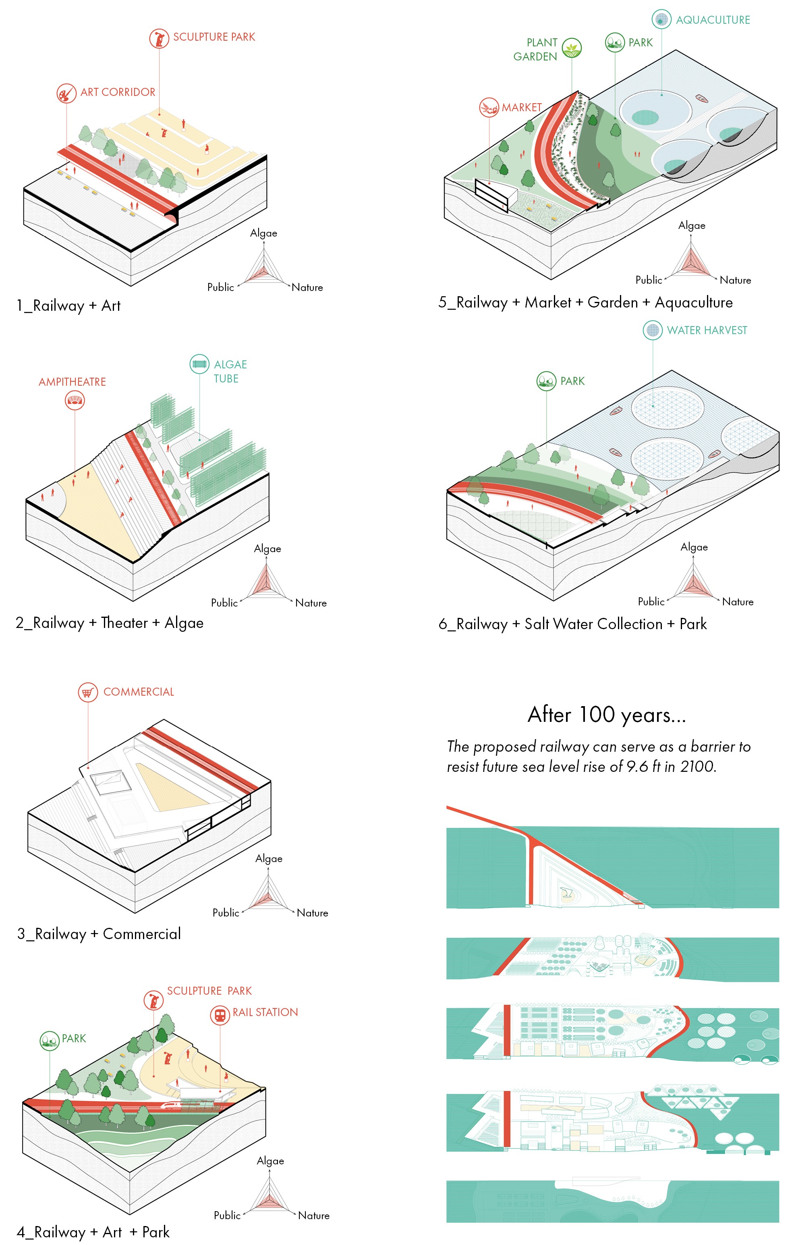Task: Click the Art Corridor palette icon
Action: pyautogui.click(x=66, y=93)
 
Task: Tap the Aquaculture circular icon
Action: pyautogui.click(x=661, y=19)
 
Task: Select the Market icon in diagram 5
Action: pyautogui.click(x=489, y=108)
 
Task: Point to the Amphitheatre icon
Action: pyautogui.click(x=75, y=400)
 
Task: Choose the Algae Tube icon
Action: pyautogui.click(x=199, y=364)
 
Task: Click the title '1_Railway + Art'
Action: pyautogui.click(x=69, y=306)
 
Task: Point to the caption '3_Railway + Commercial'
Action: pyautogui.click(x=99, y=934)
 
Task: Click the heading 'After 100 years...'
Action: pyautogui.click(x=607, y=715)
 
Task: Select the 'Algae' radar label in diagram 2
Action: pyautogui.click(x=267, y=549)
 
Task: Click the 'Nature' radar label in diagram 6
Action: pyautogui.click(x=738, y=602)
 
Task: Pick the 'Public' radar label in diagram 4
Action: pyautogui.click(x=227, y=1215)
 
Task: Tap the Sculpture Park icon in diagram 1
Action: pyautogui.click(x=159, y=38)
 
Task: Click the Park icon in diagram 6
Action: pyautogui.click(x=546, y=381)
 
